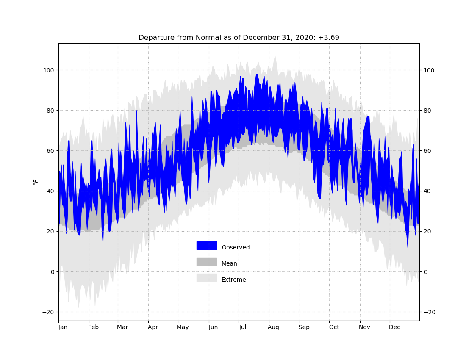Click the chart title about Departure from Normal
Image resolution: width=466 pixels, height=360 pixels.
pyautogui.click(x=239, y=38)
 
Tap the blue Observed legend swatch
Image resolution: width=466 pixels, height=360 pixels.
pyautogui.click(x=207, y=246)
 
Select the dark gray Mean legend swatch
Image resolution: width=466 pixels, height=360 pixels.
pyautogui.click(x=207, y=262)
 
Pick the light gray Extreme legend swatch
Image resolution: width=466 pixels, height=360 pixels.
pyautogui.click(x=207, y=278)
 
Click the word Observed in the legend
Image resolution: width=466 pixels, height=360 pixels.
pyautogui.click(x=236, y=247)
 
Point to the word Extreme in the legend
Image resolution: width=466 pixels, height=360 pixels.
pyautogui.click(x=233, y=280)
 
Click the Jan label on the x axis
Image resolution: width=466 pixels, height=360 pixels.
pyautogui.click(x=63, y=327)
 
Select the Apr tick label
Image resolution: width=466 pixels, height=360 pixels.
pyautogui.click(x=153, y=327)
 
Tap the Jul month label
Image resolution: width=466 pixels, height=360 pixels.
pyautogui.click(x=242, y=327)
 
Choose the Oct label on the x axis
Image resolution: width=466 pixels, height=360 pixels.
pyautogui.click(x=334, y=327)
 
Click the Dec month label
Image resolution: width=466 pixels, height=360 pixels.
pyautogui.click(x=395, y=327)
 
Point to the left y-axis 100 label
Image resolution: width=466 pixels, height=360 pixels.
pyautogui.click(x=49, y=70)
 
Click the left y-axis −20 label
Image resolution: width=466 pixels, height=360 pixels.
pyautogui.click(x=48, y=312)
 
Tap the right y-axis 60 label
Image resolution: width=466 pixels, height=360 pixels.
pyautogui.click(x=427, y=151)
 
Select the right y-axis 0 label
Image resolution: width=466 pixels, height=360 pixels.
pyautogui.click(x=425, y=272)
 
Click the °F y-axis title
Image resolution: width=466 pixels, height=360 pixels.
pyautogui.click(x=36, y=182)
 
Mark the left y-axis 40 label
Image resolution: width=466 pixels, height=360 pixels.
pyautogui.click(x=51, y=191)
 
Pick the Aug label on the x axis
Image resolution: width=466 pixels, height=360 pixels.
pyautogui.click(x=273, y=327)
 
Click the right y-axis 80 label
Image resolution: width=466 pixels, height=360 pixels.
pyautogui.click(x=427, y=111)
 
